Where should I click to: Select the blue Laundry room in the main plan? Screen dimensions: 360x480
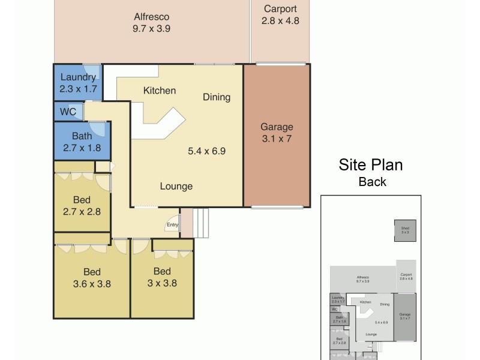click(x=77, y=83)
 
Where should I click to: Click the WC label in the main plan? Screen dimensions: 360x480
click(x=68, y=112)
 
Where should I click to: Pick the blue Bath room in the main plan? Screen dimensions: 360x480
click(x=82, y=142)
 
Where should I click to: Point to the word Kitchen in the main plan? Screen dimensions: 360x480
click(x=160, y=91)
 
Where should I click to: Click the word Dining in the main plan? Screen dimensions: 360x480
click(x=216, y=97)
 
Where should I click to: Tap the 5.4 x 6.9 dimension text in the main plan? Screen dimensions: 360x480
click(x=206, y=151)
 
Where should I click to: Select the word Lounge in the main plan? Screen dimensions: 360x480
click(x=176, y=186)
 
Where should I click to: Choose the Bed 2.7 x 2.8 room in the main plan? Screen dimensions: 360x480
click(x=82, y=205)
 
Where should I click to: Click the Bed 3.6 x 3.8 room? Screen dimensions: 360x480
click(x=92, y=278)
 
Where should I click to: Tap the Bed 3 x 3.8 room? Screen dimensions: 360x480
click(x=162, y=278)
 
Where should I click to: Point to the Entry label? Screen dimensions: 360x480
click(x=172, y=225)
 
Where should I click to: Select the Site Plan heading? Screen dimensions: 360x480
click(x=371, y=165)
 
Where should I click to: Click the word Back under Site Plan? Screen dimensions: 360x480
click(x=372, y=182)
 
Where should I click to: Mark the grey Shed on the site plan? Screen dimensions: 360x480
click(x=404, y=230)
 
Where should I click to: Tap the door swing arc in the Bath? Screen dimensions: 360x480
click(x=98, y=128)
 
